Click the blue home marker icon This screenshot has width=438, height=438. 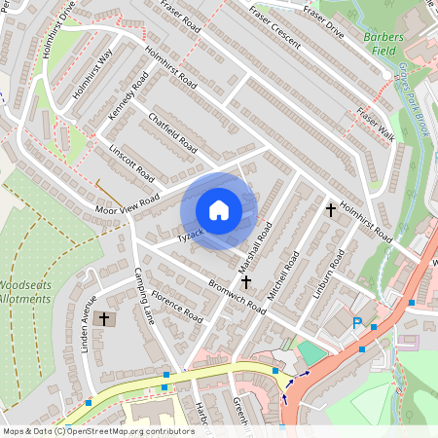point(219,209)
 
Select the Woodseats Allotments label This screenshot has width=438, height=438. point(24,293)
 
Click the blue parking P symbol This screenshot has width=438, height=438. point(356,324)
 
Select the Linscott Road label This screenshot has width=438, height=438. point(132,164)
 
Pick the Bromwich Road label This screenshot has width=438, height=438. point(236,292)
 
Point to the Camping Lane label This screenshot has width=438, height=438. point(143,295)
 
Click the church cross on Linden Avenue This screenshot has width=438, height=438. point(104,318)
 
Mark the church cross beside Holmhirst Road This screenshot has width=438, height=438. point(330,208)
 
